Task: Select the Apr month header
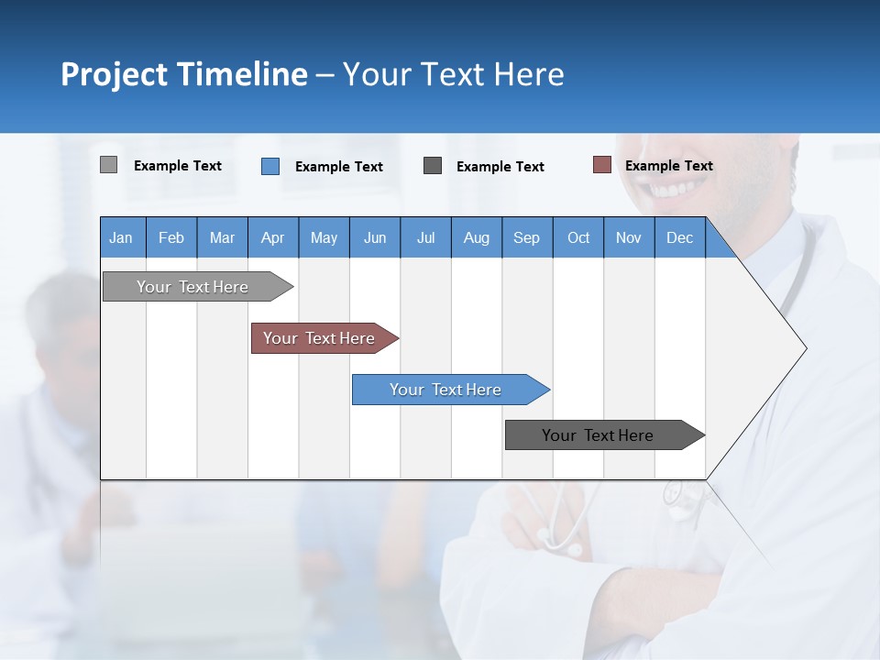coord(273,237)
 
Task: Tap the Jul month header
coord(425,237)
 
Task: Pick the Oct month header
coord(578,237)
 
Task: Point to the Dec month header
coord(679,237)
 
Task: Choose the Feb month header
coord(171,237)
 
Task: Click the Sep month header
coord(527,237)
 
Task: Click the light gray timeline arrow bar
coord(198,286)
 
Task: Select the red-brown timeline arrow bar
coord(324,338)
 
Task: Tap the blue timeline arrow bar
coord(451,390)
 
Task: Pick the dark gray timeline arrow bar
coord(605,434)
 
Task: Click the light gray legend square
coord(108,164)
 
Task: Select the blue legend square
coord(270,166)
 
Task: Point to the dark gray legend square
coord(432,166)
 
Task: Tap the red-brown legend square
coord(602,165)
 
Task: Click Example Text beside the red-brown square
coord(669,166)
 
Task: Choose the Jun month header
coord(375,237)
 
